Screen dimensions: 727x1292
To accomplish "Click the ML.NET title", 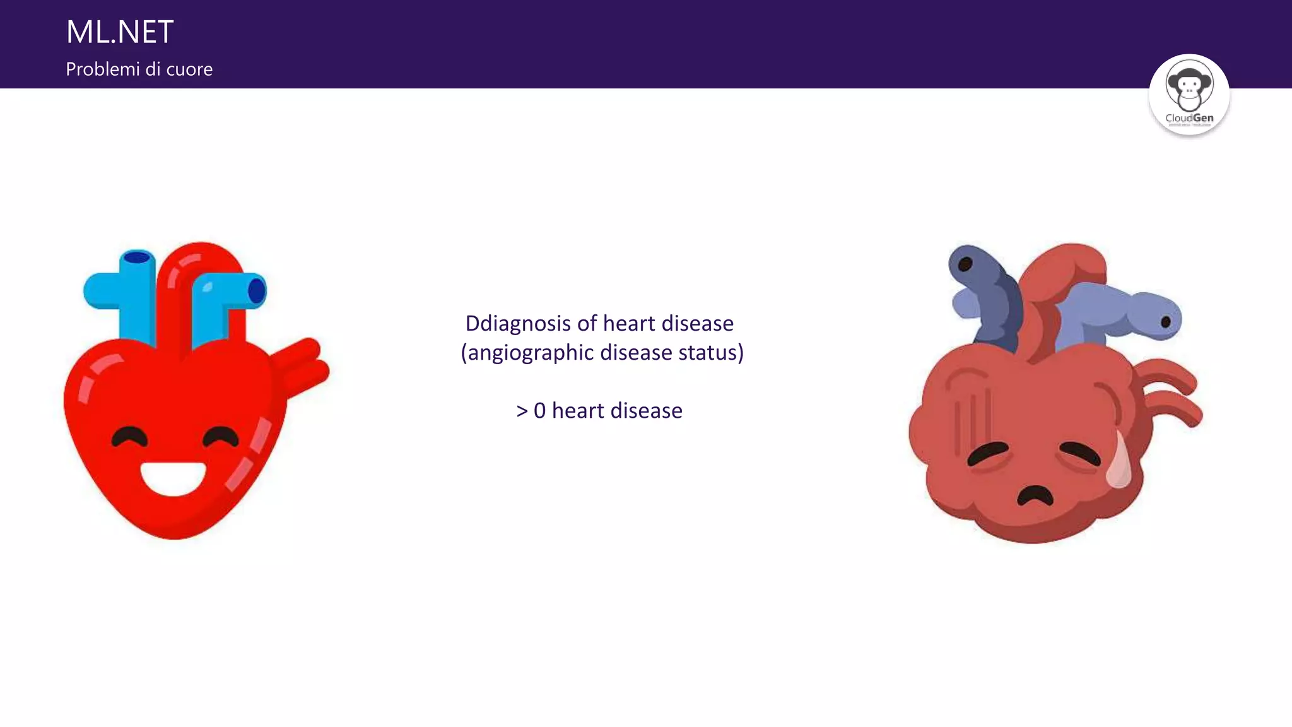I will pyautogui.click(x=120, y=32).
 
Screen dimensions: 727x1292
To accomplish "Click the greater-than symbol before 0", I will pyautogui.click(x=522, y=411).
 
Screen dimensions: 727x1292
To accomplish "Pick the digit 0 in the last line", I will pyautogui.click(x=539, y=411).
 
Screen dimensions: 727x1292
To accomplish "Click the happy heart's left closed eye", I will pyautogui.click(x=129, y=437).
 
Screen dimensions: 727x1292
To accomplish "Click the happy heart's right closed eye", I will pyautogui.click(x=220, y=437).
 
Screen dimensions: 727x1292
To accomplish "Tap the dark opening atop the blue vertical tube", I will pyautogui.click(x=137, y=257).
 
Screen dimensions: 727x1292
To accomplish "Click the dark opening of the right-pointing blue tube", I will pyautogui.click(x=257, y=291).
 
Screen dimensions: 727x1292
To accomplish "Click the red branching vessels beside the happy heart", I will pyautogui.click(x=303, y=366).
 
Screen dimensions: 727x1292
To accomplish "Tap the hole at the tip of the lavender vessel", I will pyautogui.click(x=1166, y=321).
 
